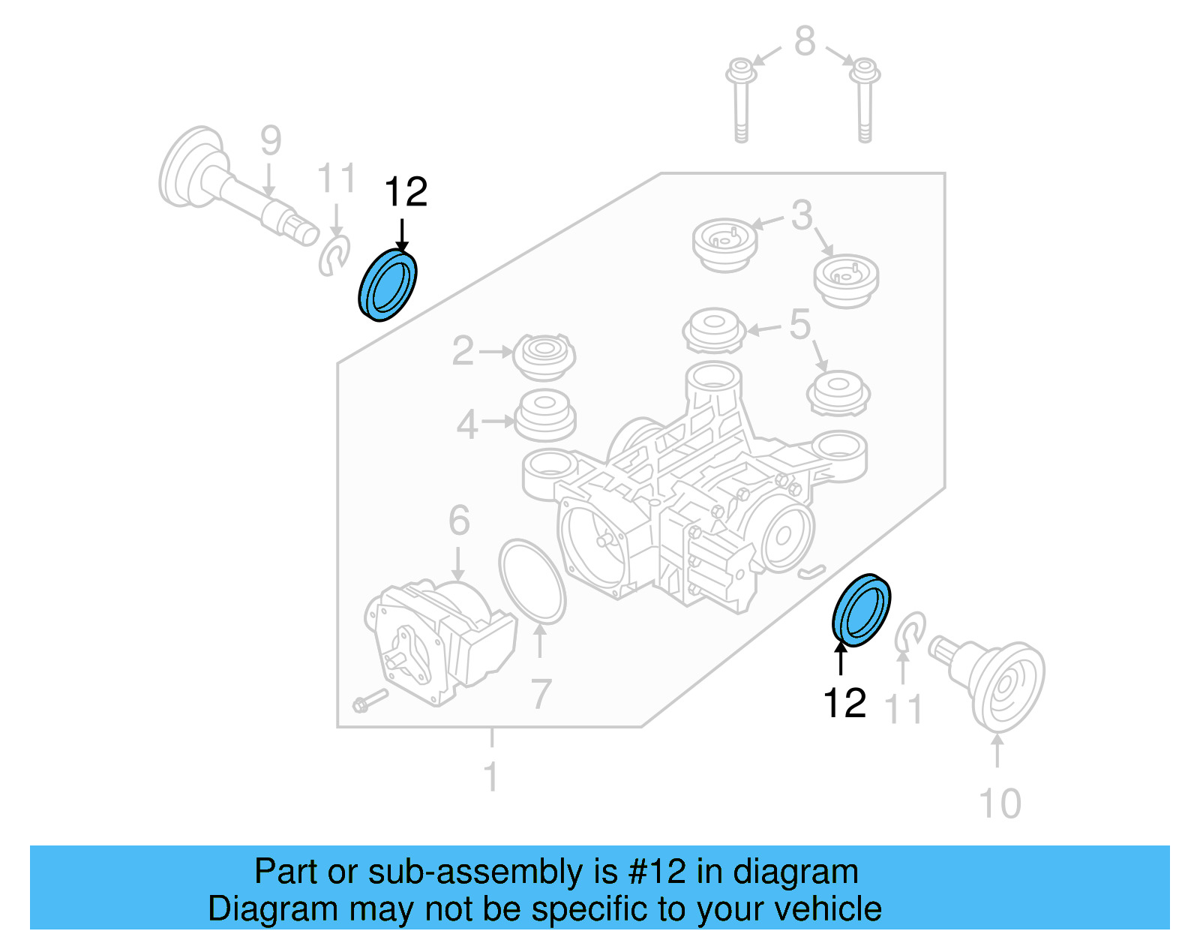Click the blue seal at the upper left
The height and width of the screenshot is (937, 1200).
pos(387,286)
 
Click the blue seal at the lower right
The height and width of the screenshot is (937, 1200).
pos(861,610)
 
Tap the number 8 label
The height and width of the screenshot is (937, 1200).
pos(804,41)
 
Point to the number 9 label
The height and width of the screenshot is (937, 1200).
pos(271,140)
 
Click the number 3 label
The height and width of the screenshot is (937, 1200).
pos(802,215)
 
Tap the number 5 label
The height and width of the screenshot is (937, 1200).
pos(800,325)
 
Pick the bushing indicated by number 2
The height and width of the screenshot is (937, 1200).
pos(544,356)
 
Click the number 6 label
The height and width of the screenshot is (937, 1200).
pos(459,521)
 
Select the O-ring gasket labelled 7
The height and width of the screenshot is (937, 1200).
pos(532,581)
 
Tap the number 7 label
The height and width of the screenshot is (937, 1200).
pos(541,695)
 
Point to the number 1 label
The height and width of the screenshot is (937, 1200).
pos(491,777)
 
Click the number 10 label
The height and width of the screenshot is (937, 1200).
pos(1000,804)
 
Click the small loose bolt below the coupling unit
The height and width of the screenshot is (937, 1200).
pos(369,701)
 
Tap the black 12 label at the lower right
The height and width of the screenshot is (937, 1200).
pos(844,703)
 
